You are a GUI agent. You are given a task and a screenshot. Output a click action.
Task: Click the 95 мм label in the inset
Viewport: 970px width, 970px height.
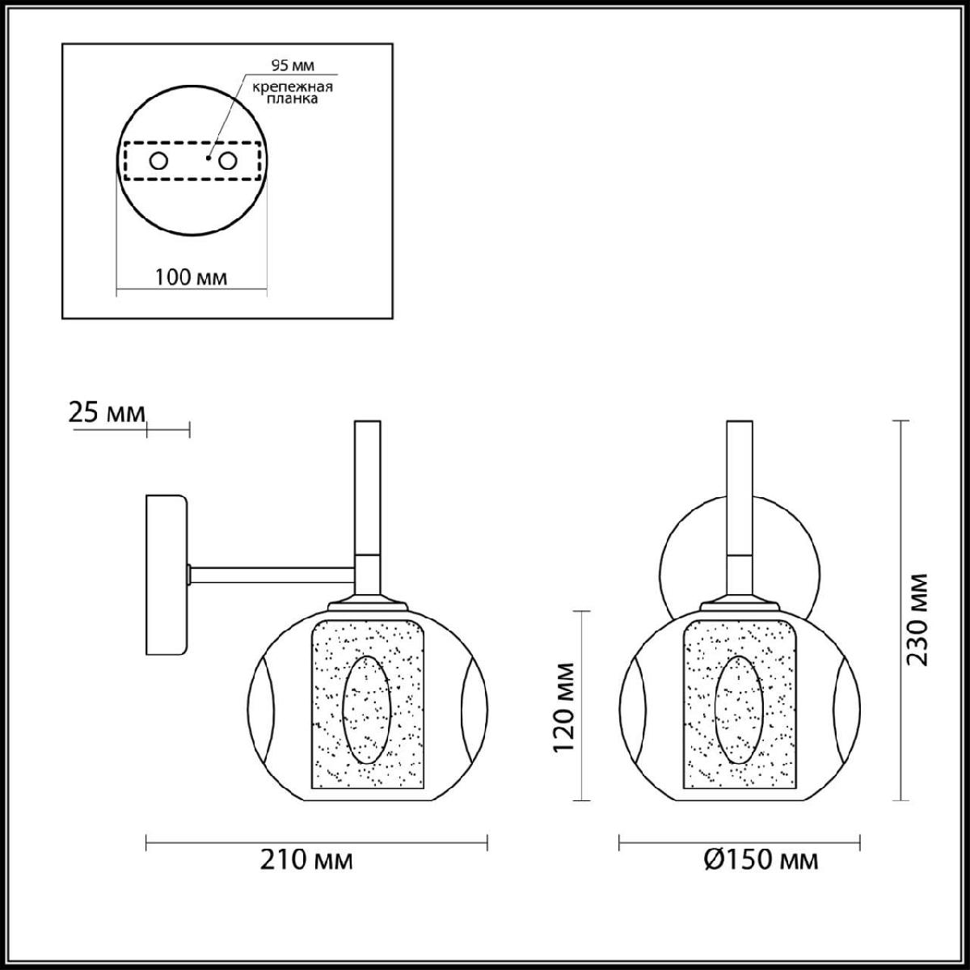[x=293, y=65]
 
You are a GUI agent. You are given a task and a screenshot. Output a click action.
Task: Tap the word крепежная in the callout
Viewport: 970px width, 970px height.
[x=293, y=87]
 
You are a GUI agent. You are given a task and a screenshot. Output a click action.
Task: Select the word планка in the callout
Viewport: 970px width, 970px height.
[x=293, y=99]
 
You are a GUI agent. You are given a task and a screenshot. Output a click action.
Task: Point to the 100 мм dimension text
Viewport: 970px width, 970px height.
[x=191, y=277]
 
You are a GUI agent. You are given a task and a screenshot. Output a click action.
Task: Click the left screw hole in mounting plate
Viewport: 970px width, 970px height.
[x=158, y=161]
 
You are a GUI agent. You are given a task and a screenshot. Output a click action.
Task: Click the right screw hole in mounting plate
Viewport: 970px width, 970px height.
[x=227, y=161]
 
